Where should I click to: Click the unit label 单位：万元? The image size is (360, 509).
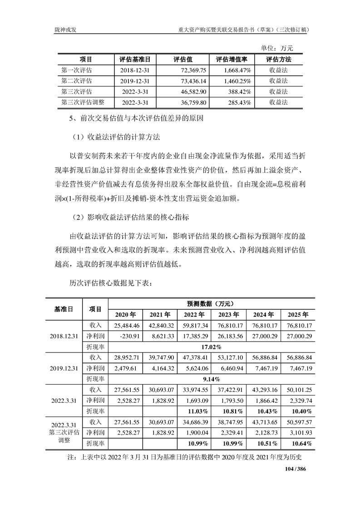click(x=277, y=48)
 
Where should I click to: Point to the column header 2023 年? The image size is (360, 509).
click(x=228, y=314)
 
